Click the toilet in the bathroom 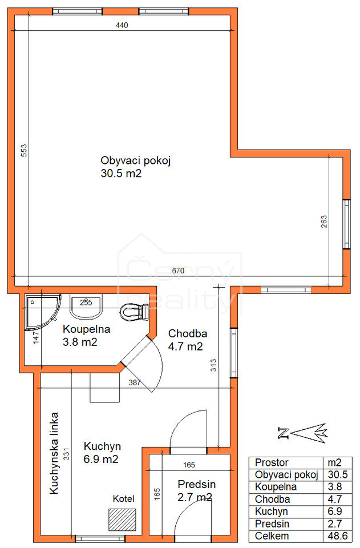point(135,312)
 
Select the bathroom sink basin point(86,307)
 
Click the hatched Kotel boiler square point(122,519)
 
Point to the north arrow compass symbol point(302,433)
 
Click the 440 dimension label point(122,25)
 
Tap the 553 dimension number point(23,151)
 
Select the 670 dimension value point(178,271)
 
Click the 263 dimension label point(324,221)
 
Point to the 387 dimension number point(135,382)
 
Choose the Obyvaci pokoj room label point(135,161)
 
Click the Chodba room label point(188,333)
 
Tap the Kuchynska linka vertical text point(54,453)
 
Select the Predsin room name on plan point(197,484)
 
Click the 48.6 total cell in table point(338,536)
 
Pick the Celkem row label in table point(272,536)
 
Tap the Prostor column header point(272,462)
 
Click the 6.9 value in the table point(334,511)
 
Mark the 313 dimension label point(213,365)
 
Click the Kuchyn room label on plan point(102,446)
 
